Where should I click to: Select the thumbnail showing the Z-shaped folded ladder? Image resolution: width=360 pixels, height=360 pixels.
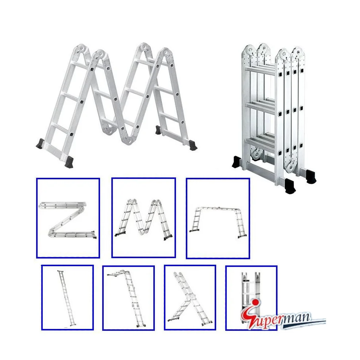[68, 218]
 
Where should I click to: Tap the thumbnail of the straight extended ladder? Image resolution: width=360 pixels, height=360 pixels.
[67, 298]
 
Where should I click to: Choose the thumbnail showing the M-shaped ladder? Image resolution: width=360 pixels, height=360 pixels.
[143, 218]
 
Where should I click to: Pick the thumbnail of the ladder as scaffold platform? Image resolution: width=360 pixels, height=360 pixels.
[218, 218]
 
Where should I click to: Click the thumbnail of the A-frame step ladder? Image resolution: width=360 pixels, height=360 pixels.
[190, 298]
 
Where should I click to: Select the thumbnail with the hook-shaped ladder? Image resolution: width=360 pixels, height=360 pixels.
[128, 298]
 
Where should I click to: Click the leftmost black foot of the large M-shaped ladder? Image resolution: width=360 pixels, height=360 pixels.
[41, 143]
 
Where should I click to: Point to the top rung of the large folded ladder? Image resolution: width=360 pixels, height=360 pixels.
[260, 69]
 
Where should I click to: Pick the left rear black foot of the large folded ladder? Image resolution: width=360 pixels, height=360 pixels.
[237, 162]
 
